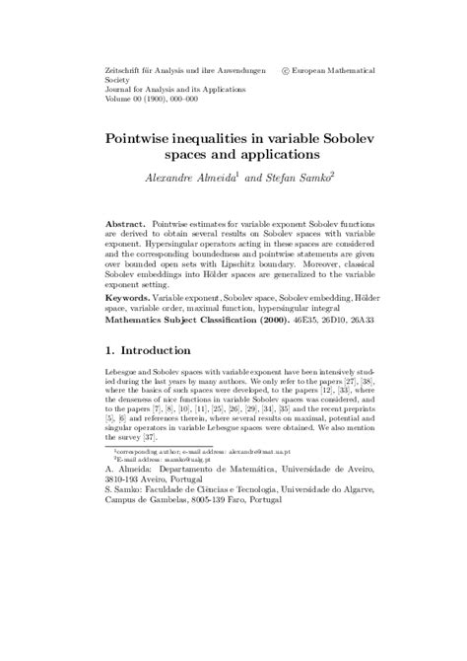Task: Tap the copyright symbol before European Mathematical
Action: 286,72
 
